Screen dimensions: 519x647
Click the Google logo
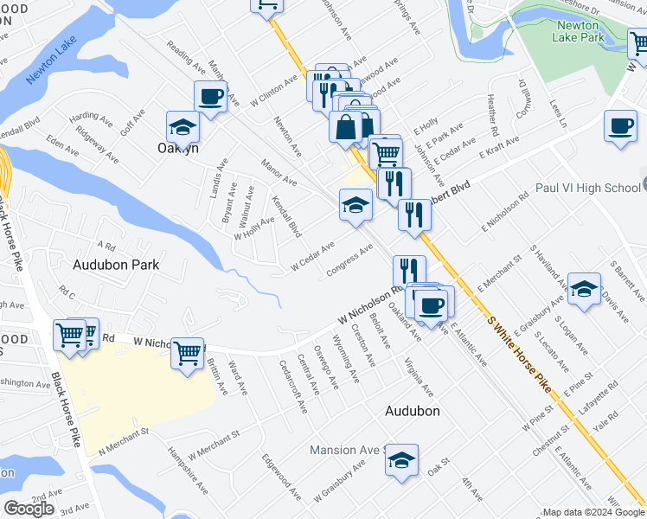[x=28, y=509]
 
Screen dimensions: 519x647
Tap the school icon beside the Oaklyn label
[x=183, y=128]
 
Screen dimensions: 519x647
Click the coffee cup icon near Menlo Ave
[x=210, y=96]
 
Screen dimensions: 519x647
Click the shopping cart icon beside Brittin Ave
[x=187, y=353]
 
